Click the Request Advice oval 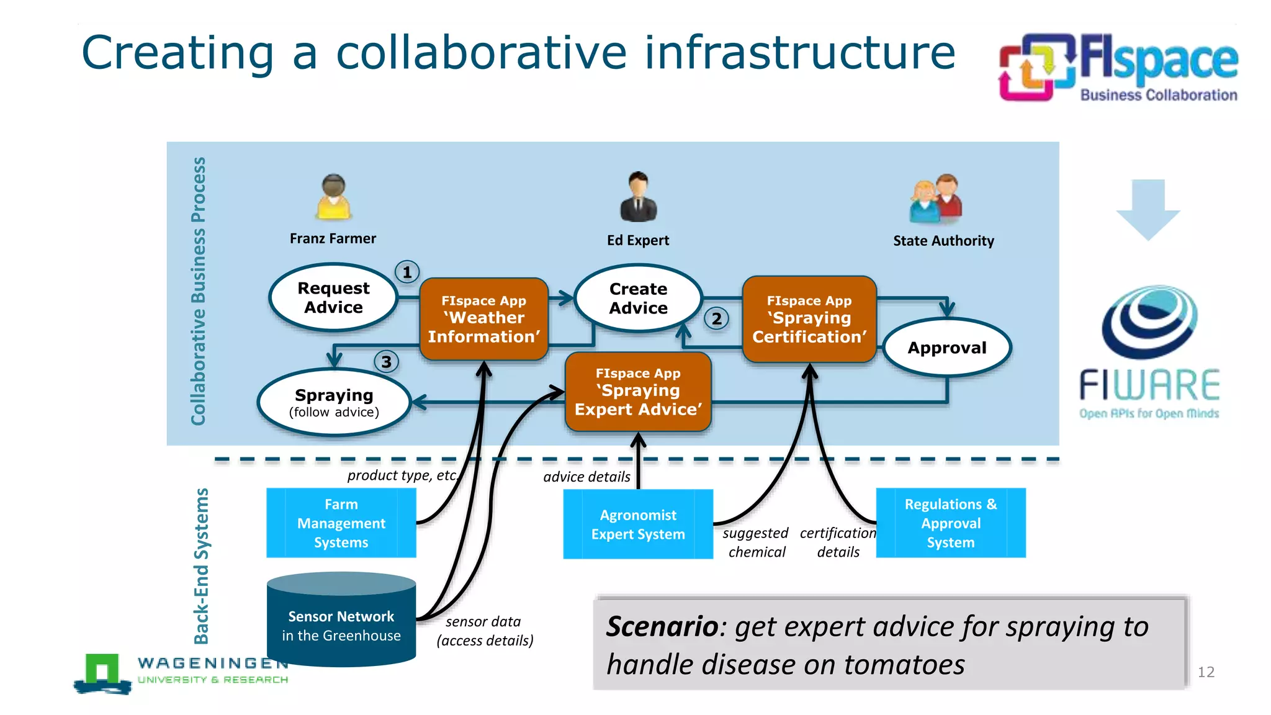pyautogui.click(x=333, y=297)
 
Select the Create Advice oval pyautogui.click(x=638, y=299)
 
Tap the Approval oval pyautogui.click(x=946, y=348)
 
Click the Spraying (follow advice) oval pyautogui.click(x=334, y=402)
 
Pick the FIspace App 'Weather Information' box pyautogui.click(x=483, y=319)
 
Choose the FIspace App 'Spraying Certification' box pyautogui.click(x=809, y=319)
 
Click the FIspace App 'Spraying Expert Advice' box pyautogui.click(x=638, y=392)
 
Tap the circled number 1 pyautogui.click(x=407, y=272)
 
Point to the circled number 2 pyautogui.click(x=716, y=319)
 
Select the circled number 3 pyautogui.click(x=386, y=361)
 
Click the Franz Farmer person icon pyautogui.click(x=333, y=197)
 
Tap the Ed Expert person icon pyautogui.click(x=638, y=197)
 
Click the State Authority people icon pyautogui.click(x=936, y=199)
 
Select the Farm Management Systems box pyautogui.click(x=341, y=523)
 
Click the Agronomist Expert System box pyautogui.click(x=638, y=524)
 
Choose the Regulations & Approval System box pyautogui.click(x=950, y=523)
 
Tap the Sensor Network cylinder pyautogui.click(x=341, y=621)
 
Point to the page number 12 pyautogui.click(x=1205, y=672)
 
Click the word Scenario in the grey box pyautogui.click(x=662, y=626)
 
